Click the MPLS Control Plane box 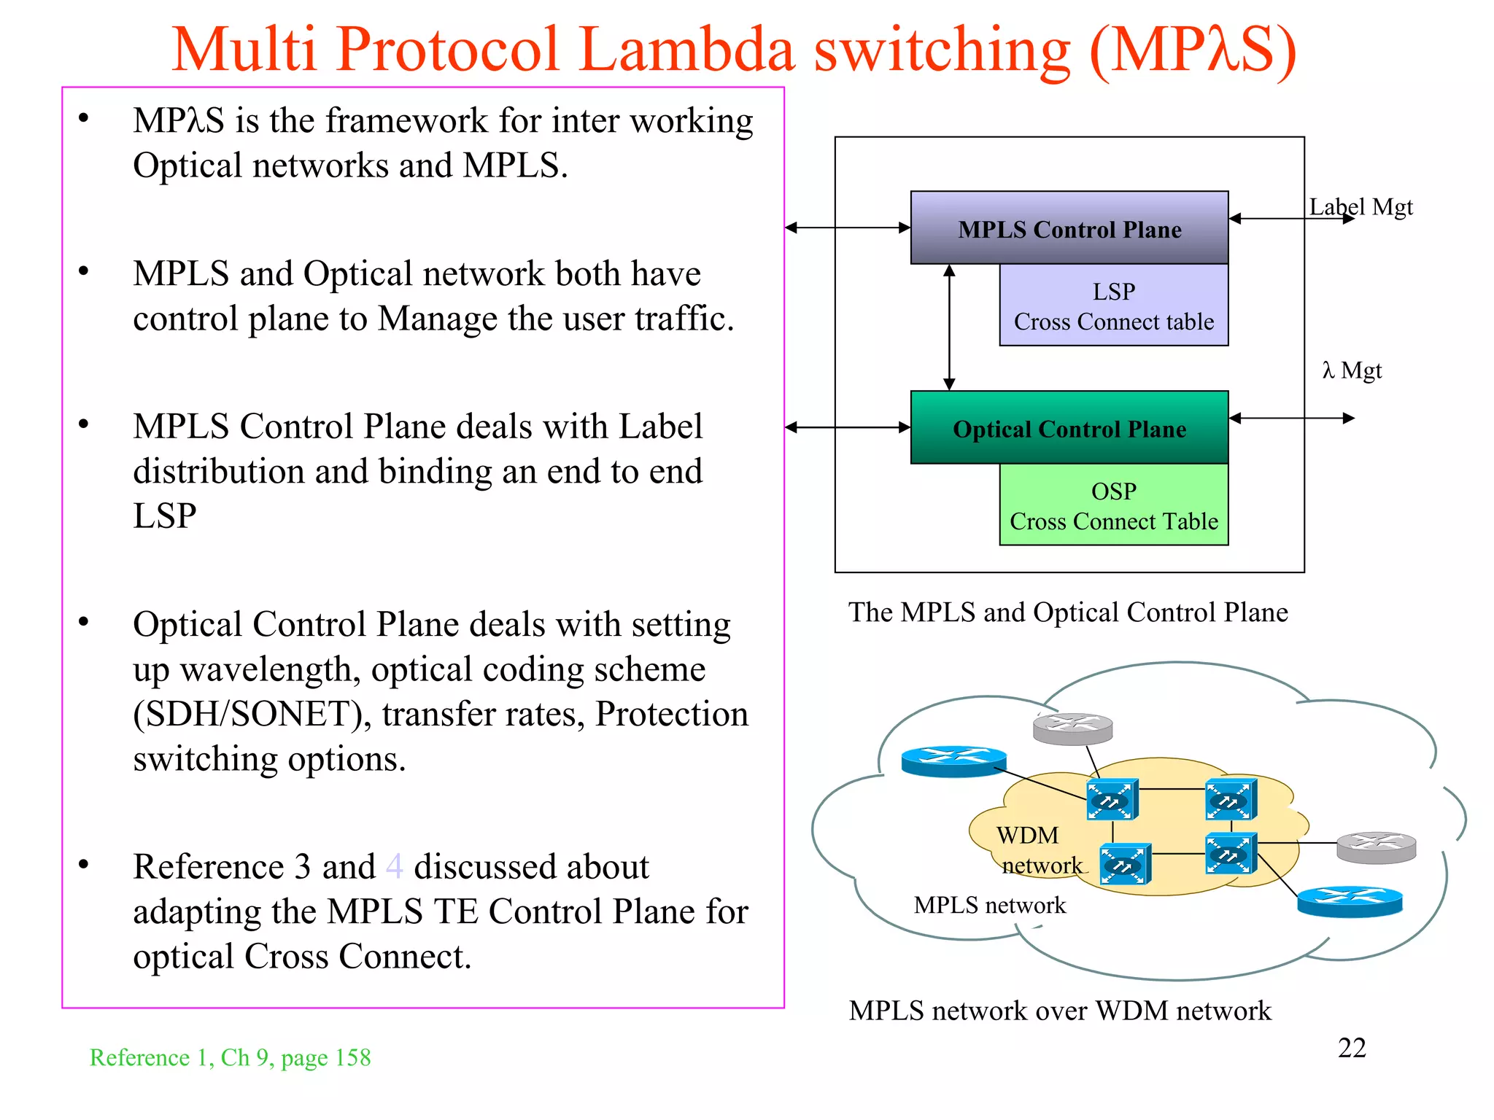(1069, 227)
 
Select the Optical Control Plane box (1069, 428)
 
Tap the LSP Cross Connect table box (1113, 306)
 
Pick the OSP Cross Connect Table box (1113, 506)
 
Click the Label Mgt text (1361, 207)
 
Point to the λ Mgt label (1352, 370)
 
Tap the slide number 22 (1351, 1048)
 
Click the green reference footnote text (230, 1057)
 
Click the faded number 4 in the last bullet (394, 867)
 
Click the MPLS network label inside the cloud (989, 905)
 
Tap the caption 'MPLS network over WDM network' (1059, 1011)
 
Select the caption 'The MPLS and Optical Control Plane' (1068, 612)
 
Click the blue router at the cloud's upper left (953, 761)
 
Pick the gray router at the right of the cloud (1376, 848)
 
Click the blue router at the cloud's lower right (1350, 901)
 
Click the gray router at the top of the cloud (1072, 728)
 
